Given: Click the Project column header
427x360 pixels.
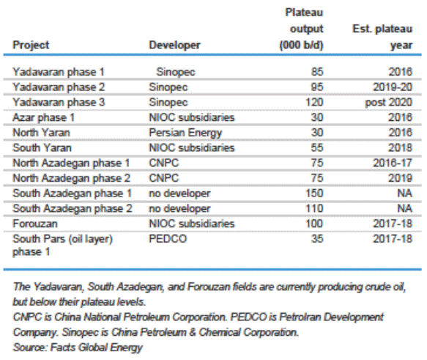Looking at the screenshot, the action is (31, 45).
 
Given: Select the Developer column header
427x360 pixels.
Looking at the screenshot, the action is (174, 45).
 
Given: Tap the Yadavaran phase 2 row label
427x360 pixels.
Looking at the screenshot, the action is (59, 87).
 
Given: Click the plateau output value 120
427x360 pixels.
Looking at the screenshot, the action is (314, 102).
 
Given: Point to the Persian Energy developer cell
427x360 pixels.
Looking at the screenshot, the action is (185, 133).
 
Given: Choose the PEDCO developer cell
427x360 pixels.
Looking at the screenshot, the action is (168, 239).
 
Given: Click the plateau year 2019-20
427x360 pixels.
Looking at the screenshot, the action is (393, 87).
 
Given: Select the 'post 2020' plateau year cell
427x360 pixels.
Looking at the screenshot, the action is (389, 103).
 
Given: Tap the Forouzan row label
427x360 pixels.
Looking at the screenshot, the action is (35, 224).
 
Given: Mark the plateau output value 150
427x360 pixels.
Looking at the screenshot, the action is (314, 194).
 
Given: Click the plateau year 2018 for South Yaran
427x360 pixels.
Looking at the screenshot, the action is (400, 147).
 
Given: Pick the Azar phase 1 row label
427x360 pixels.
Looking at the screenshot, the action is (43, 118).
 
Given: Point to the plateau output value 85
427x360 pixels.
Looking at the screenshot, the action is (317, 72).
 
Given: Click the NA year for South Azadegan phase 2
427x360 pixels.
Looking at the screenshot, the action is (405, 208).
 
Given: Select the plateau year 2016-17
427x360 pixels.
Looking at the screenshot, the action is (393, 163).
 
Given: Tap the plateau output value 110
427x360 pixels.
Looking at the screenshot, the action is (314, 208).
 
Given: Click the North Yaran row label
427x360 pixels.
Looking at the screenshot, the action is (41, 133).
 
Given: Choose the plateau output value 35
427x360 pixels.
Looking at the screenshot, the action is (317, 239).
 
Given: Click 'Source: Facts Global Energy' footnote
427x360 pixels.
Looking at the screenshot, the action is (78, 348).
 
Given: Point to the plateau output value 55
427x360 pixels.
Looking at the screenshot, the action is (317, 147).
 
